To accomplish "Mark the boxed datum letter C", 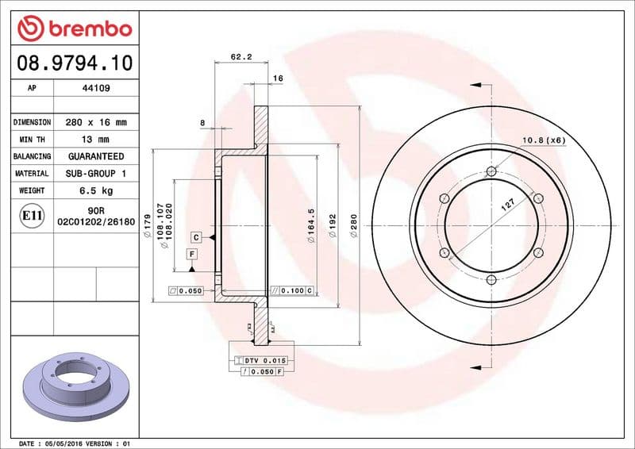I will (x=195, y=237).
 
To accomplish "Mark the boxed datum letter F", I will (x=191, y=254).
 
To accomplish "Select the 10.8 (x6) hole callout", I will (x=543, y=140).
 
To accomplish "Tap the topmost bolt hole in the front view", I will (x=491, y=172).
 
